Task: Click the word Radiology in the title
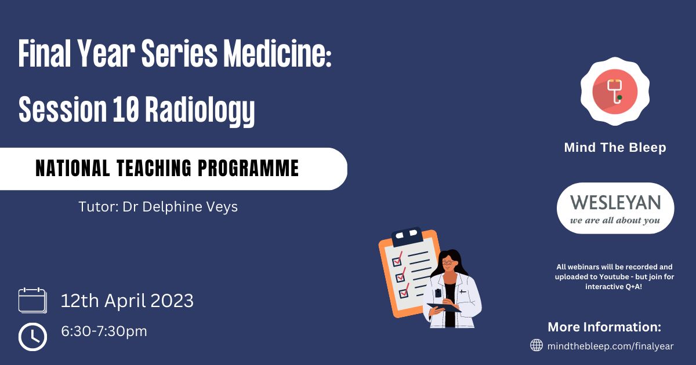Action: (200, 110)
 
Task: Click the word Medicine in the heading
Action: (277, 53)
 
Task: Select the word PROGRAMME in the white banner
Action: (248, 168)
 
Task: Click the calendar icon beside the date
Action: (32, 300)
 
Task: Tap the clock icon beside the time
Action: (32, 337)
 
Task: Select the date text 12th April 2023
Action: (127, 301)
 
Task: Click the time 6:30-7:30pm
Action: (104, 331)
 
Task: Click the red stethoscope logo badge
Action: (615, 92)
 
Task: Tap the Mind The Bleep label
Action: (615, 147)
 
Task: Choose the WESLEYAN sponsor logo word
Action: (615, 203)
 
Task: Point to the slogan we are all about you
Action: (615, 220)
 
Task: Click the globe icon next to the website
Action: (536, 345)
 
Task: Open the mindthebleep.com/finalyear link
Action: (610, 346)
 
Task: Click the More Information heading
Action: (604, 327)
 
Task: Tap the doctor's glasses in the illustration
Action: (447, 263)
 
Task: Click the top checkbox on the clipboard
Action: (397, 261)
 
